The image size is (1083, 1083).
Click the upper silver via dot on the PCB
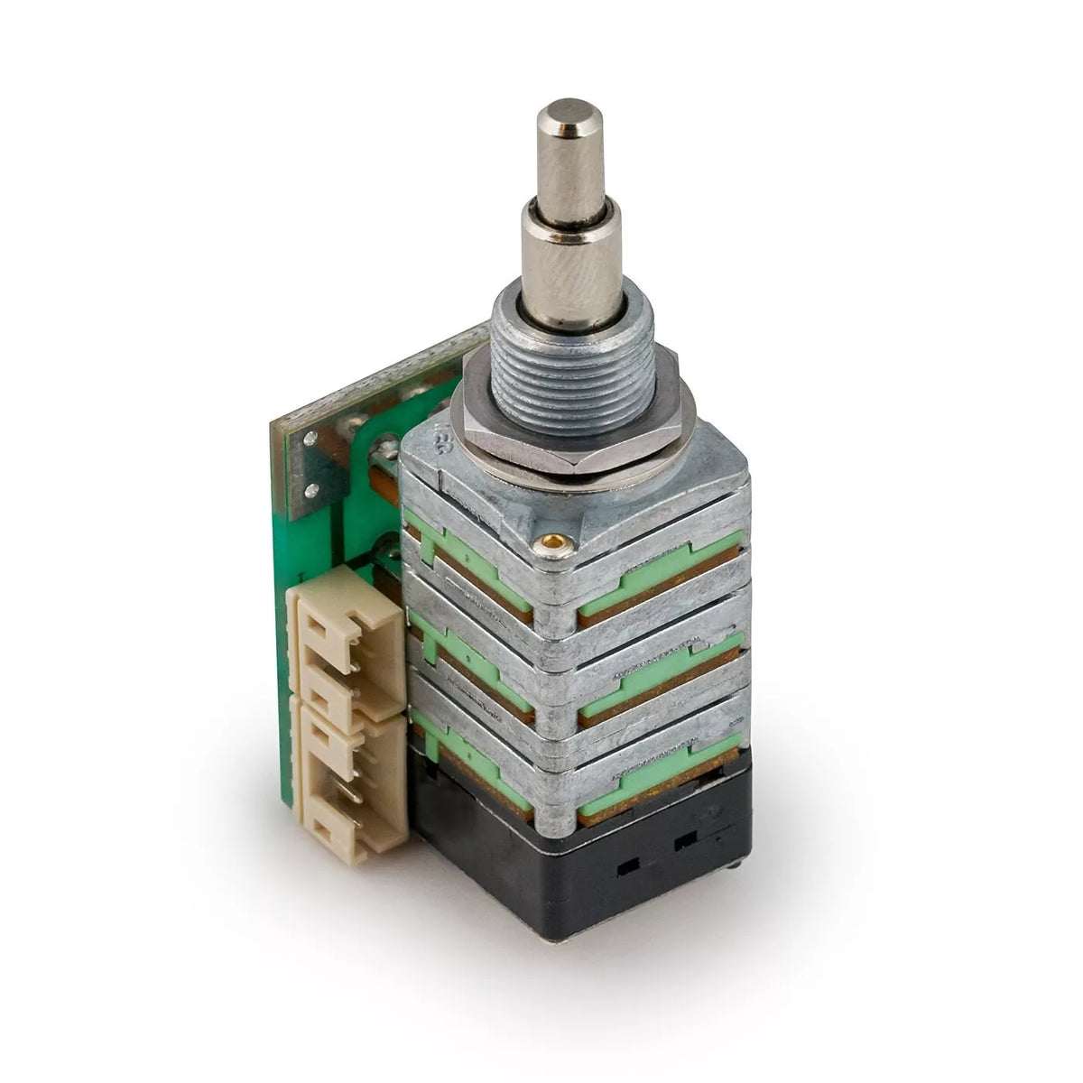311,439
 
